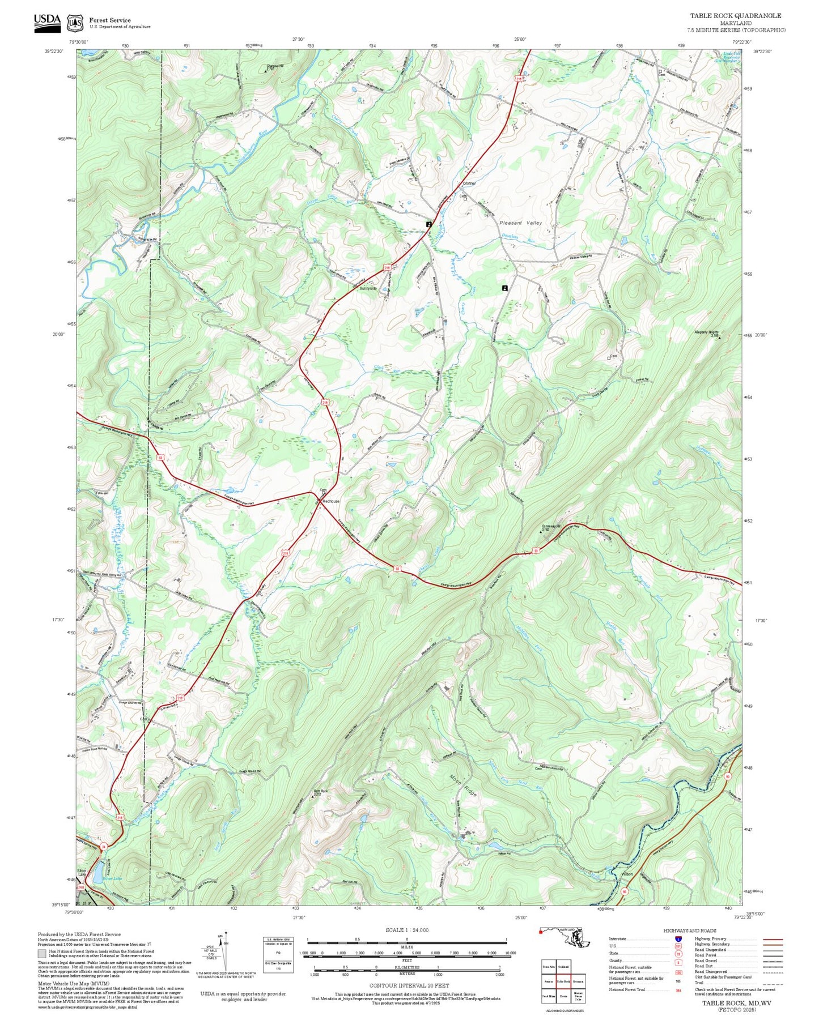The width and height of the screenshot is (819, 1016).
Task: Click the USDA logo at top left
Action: [x=46, y=22]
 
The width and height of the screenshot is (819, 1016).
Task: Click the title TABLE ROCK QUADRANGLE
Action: [x=735, y=16]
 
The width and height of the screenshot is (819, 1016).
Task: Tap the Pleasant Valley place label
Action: [x=520, y=223]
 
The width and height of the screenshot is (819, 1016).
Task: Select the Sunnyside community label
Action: [x=367, y=288]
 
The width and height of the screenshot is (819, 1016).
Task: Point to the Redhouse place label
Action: [x=331, y=501]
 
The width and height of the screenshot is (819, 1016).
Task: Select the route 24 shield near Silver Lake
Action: [x=103, y=847]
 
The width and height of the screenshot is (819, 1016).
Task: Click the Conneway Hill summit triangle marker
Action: [x=541, y=532]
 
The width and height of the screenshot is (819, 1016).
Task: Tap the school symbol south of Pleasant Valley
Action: [x=504, y=288]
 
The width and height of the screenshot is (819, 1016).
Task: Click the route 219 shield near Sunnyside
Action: [x=387, y=267]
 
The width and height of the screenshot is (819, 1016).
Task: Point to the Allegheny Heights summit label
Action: [x=706, y=332]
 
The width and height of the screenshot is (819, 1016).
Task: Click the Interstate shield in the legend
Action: [x=678, y=939]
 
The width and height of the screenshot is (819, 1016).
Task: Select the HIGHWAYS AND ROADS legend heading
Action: [x=690, y=930]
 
